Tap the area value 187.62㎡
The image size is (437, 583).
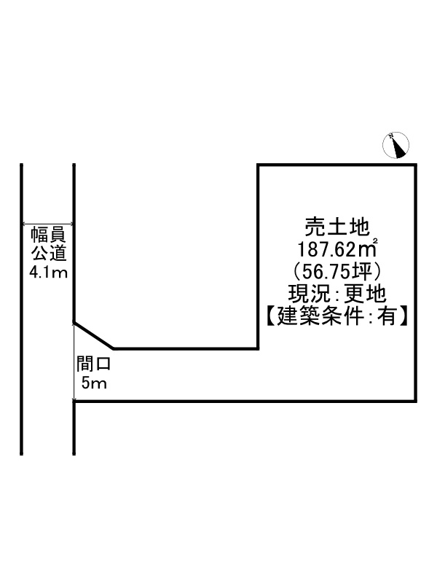tap(336, 249)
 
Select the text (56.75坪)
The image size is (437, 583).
tap(336, 271)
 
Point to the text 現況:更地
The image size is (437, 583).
tap(336, 294)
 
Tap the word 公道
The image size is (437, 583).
tap(48, 255)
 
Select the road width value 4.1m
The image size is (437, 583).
tap(48, 274)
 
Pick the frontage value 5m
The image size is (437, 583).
tap(94, 383)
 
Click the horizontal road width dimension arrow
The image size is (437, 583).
tap(48, 225)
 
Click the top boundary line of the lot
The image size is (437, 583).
tap(336, 165)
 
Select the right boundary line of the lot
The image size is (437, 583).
tap(416, 284)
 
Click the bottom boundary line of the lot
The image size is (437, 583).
tap(248, 401)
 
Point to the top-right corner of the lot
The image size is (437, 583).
tap(416, 165)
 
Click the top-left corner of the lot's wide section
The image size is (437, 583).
tap(259, 165)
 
